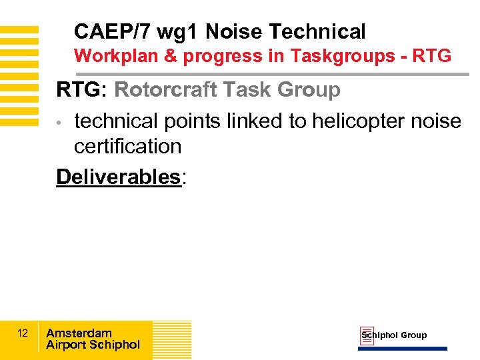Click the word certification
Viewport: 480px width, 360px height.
[127, 146]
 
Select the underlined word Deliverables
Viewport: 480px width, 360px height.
[118, 177]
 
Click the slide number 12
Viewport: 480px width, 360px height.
[23, 333]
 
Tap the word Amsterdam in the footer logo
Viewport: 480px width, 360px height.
[79, 333]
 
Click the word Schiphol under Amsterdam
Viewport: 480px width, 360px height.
[114, 345]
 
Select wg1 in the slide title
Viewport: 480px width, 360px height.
[178, 31]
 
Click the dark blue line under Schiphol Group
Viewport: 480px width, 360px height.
[403, 348]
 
